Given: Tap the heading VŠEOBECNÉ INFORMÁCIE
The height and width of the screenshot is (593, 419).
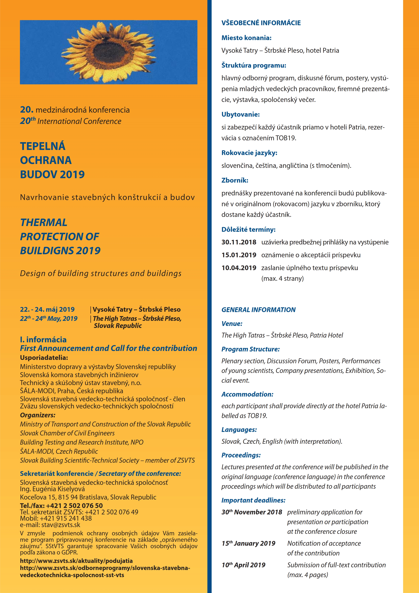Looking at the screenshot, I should click(261, 23).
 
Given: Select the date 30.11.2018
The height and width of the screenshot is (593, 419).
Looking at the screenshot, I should click(239, 242).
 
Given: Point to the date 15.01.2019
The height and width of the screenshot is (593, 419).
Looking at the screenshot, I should click(239, 255).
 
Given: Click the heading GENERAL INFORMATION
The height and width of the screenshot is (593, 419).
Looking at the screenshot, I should click(258, 310).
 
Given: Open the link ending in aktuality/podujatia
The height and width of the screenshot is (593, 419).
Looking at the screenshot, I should click(76, 561).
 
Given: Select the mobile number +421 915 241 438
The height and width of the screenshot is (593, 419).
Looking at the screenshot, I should click(66, 518).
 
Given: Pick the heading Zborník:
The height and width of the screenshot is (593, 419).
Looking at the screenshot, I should click(235, 180).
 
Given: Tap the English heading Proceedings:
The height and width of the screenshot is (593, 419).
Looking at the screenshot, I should click(241, 455).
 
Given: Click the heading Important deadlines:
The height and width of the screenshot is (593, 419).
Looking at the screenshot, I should click(253, 500).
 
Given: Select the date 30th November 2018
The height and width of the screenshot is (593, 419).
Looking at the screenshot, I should click(252, 512).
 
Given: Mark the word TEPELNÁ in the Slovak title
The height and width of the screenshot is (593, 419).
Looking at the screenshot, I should click(43, 146).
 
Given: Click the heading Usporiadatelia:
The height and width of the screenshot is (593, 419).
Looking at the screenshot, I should click(44, 358).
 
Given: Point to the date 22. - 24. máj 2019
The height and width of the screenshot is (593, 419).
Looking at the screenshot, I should click(47, 309).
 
